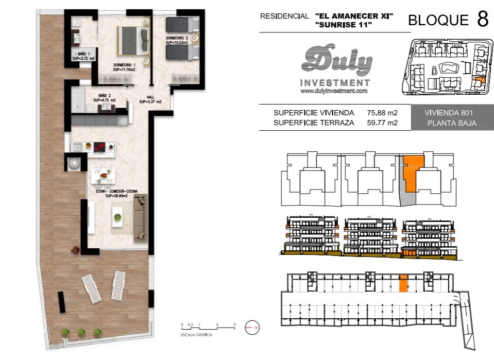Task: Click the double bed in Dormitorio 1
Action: [x=133, y=41]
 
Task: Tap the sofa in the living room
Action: [x=141, y=218]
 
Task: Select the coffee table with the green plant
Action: [x=117, y=217]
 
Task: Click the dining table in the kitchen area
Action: [x=103, y=176]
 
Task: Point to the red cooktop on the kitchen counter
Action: [x=100, y=147]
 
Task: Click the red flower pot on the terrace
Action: [x=75, y=250]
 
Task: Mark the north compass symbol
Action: [x=252, y=328]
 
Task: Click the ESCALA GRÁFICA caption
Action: [x=196, y=335]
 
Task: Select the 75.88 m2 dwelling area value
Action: [x=382, y=113]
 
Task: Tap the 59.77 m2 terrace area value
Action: [x=382, y=123]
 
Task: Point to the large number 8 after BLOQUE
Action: [x=483, y=19]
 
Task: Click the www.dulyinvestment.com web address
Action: [x=334, y=91]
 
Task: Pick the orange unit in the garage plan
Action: [x=403, y=283]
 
